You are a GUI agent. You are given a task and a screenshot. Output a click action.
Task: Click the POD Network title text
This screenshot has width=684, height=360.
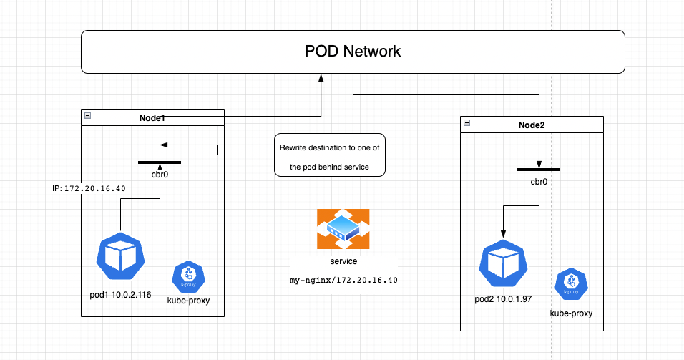click(x=353, y=52)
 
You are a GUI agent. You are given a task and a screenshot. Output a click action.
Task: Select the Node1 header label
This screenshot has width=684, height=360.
click(x=152, y=116)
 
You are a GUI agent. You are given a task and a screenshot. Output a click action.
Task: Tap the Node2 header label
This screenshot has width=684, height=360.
click(x=531, y=125)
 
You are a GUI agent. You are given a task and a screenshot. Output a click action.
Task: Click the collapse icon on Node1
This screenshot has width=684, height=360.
click(x=87, y=116)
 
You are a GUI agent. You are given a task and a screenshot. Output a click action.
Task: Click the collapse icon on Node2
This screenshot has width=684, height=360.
click(x=466, y=124)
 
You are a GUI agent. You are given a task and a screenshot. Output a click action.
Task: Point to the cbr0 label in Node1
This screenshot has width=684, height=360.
click(x=159, y=174)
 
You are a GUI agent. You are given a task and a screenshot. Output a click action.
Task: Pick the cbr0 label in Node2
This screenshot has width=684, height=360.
click(x=538, y=182)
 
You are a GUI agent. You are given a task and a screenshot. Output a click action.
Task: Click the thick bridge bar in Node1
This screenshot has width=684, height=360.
click(x=159, y=162)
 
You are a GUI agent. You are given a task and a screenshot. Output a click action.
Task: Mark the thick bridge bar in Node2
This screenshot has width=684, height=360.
click(x=538, y=170)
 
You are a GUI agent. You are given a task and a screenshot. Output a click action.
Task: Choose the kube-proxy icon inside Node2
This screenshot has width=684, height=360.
click(x=570, y=285)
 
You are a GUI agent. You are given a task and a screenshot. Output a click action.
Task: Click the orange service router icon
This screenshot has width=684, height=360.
click(x=343, y=230)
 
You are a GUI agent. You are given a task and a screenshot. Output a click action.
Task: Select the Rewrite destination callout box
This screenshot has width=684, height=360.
click(x=329, y=155)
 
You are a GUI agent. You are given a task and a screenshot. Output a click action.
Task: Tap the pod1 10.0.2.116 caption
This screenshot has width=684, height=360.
click(x=120, y=295)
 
